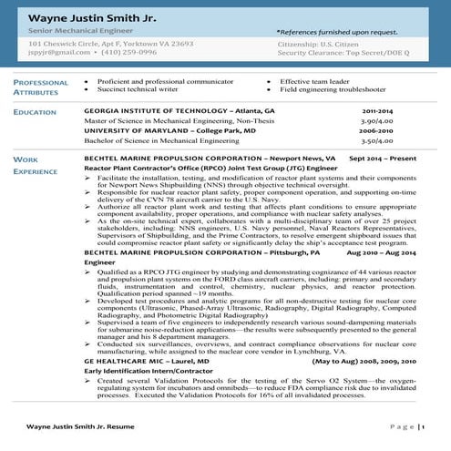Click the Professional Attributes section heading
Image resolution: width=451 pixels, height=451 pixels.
click(41, 87)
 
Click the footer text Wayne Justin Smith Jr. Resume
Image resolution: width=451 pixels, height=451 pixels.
click(78, 426)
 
